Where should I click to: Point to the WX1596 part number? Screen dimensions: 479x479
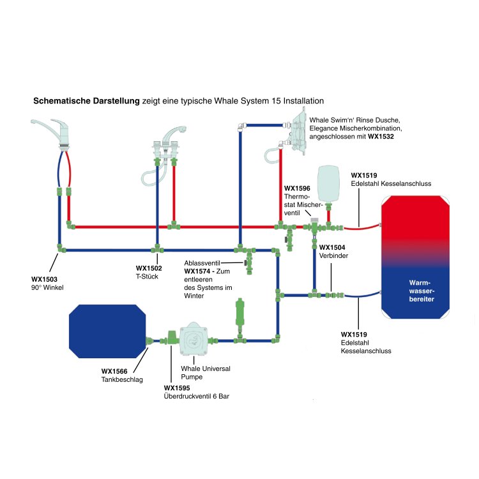[x=297, y=188]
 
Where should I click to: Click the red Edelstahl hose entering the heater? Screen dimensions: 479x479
[x=361, y=225]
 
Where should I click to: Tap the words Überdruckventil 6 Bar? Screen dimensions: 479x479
[x=197, y=397]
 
